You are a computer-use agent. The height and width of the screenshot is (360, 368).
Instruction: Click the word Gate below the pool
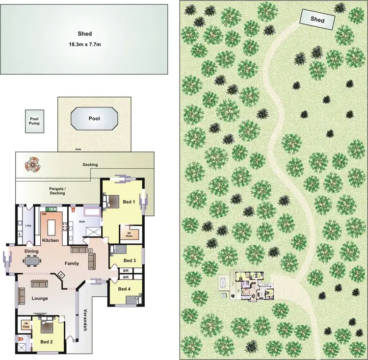78,149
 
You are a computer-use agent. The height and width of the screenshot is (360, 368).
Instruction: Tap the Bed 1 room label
128,202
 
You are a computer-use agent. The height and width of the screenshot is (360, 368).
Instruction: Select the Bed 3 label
130,260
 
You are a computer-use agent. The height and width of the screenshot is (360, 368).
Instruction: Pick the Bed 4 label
125,289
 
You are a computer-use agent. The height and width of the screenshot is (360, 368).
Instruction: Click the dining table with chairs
33,261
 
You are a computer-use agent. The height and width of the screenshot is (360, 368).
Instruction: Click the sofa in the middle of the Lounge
39,283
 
